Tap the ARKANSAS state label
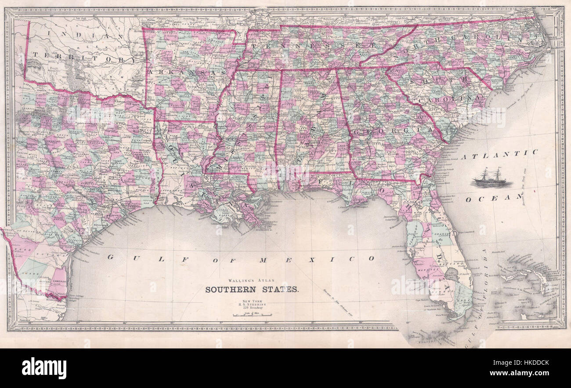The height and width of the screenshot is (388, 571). coord(186,71)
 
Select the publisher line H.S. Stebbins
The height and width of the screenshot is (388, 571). coord(252,304)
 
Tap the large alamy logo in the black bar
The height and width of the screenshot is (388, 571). coord(44,368)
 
